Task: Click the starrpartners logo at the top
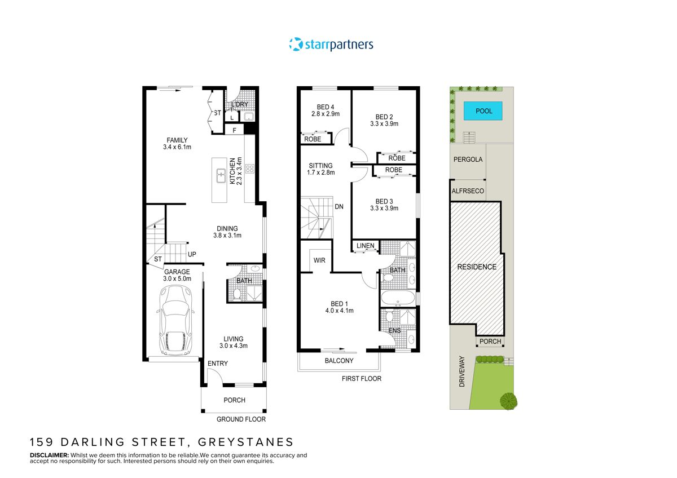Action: pyautogui.click(x=331, y=44)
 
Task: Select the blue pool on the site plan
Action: pyautogui.click(x=483, y=111)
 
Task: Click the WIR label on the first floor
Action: pyautogui.click(x=319, y=260)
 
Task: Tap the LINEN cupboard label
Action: pyautogui.click(x=365, y=246)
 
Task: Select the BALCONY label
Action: pyautogui.click(x=338, y=361)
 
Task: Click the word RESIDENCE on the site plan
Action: pyautogui.click(x=476, y=267)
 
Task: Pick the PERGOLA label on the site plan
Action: pyautogui.click(x=468, y=160)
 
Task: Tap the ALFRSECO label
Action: pyautogui.click(x=468, y=191)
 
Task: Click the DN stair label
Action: pyautogui.click(x=339, y=207)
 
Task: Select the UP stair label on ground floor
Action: pyautogui.click(x=192, y=254)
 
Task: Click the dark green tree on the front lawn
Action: pyautogui.click(x=508, y=400)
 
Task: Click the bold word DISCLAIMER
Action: pyautogui.click(x=49, y=455)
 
